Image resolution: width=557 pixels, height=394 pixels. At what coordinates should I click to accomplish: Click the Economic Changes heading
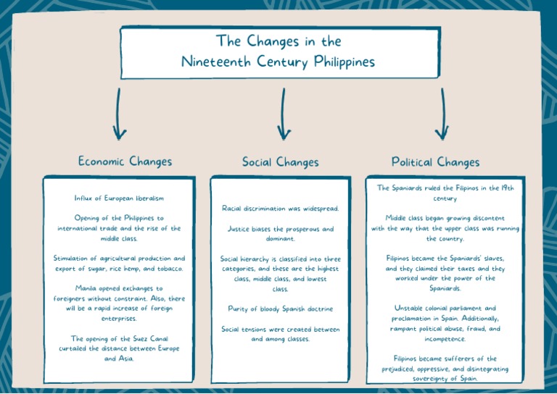coord(125,161)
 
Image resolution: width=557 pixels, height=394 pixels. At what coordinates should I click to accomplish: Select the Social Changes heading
coord(280,162)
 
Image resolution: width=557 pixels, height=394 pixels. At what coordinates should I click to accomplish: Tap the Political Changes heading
coord(435,162)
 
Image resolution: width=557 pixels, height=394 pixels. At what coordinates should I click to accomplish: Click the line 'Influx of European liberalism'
coord(119,198)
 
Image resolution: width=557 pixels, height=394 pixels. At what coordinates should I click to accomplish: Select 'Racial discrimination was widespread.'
coord(280,209)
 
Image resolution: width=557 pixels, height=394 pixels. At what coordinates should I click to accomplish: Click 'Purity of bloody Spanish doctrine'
coord(280,309)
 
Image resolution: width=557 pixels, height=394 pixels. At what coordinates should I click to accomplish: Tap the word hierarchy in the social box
coord(259,259)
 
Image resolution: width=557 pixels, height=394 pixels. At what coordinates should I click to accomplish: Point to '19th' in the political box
coord(506,188)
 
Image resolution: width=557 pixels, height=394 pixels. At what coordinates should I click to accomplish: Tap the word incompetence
coord(445,338)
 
